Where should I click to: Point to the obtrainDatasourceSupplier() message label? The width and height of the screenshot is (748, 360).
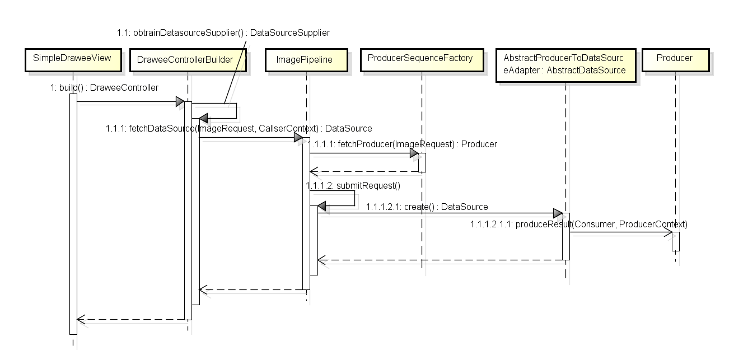click(223, 33)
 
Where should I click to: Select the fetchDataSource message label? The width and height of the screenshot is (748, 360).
click(239, 129)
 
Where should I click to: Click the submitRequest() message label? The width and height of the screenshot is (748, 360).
click(353, 185)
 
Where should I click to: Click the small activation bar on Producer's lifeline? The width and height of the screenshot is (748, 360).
click(676, 241)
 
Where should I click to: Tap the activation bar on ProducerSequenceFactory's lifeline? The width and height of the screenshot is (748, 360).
click(422, 162)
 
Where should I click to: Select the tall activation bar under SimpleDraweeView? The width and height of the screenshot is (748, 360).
click(73, 213)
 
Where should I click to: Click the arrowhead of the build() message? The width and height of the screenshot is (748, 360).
click(180, 102)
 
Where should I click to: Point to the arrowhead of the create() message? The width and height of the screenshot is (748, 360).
click(558, 213)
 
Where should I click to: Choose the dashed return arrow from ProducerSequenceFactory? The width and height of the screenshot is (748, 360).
click(364, 171)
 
